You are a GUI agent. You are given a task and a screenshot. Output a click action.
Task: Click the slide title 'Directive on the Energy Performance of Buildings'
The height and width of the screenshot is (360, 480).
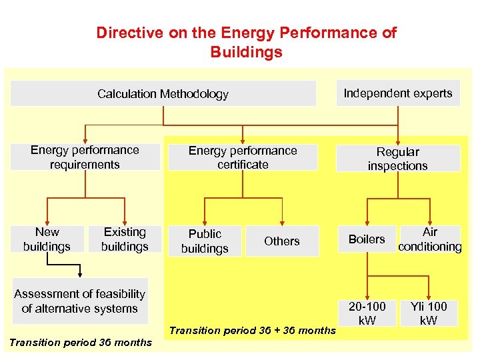click(246, 42)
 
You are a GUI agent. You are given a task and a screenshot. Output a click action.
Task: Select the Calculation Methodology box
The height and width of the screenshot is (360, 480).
click(163, 94)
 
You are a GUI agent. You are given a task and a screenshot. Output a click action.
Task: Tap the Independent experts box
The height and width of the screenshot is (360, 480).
click(397, 93)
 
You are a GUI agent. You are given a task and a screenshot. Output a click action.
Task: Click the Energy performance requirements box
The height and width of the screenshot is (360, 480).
click(85, 157)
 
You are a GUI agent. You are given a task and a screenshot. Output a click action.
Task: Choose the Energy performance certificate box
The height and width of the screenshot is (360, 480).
click(243, 157)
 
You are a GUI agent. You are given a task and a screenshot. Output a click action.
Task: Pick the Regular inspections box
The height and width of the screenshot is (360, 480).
click(397, 159)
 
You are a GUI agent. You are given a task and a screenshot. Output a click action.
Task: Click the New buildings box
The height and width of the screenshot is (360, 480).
click(47, 239)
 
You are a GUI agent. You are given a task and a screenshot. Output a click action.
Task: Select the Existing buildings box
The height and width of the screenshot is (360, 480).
click(125, 239)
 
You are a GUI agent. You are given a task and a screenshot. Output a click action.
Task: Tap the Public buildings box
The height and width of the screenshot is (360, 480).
click(205, 241)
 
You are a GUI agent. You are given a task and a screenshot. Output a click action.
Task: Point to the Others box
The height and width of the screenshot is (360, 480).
click(281, 241)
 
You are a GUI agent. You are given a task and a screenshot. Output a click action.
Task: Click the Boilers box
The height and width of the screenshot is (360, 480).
click(367, 239)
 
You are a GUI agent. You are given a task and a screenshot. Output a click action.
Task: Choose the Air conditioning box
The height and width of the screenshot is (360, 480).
click(430, 239)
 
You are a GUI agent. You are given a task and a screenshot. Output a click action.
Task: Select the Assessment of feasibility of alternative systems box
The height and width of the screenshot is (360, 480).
click(79, 301)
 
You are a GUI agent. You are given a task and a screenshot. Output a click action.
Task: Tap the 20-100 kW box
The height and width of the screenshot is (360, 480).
click(367, 313)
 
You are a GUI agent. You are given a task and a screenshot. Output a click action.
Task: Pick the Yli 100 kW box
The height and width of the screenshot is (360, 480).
click(429, 313)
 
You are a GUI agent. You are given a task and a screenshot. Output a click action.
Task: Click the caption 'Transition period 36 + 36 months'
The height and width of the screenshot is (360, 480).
click(253, 331)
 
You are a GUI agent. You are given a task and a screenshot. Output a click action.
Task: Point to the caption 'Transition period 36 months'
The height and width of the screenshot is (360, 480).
click(80, 343)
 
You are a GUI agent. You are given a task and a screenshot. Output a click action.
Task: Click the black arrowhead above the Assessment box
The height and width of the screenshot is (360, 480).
click(80, 274)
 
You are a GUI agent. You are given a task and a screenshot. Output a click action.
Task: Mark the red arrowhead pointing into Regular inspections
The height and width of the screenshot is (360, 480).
click(397, 141)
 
